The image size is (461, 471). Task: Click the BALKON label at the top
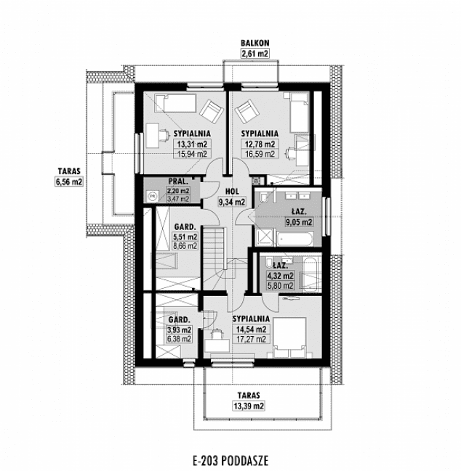[x=251, y=44]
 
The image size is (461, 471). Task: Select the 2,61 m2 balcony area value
[x=251, y=53]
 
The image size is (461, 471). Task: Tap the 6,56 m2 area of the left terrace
[x=69, y=182]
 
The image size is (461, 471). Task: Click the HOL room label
[x=232, y=192]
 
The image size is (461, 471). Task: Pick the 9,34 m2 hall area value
[x=232, y=202]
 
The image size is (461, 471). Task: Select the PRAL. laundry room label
[x=178, y=181]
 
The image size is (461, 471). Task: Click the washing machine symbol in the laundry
[x=153, y=194]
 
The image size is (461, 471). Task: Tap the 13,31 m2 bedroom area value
[x=192, y=144]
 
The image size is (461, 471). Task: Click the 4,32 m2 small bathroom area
[x=279, y=276]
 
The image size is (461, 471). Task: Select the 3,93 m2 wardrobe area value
[x=179, y=329]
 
